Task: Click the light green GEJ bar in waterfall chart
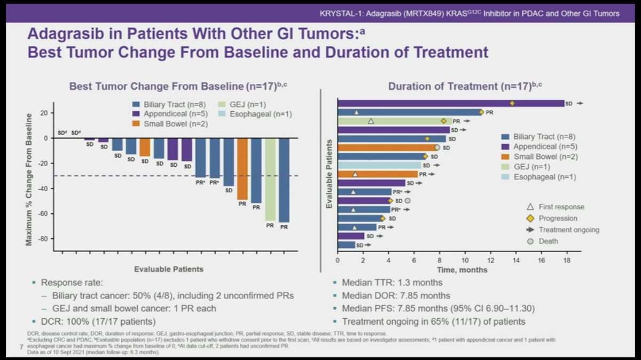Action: click(x=270, y=179)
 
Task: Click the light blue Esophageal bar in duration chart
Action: click(x=379, y=165)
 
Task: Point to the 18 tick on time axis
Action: click(x=566, y=260)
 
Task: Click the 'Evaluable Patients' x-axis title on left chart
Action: click(x=169, y=269)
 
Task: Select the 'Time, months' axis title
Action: click(x=462, y=270)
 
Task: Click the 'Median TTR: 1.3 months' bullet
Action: click(x=392, y=283)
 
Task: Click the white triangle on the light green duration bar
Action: click(x=371, y=121)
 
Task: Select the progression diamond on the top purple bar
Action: click(x=512, y=104)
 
